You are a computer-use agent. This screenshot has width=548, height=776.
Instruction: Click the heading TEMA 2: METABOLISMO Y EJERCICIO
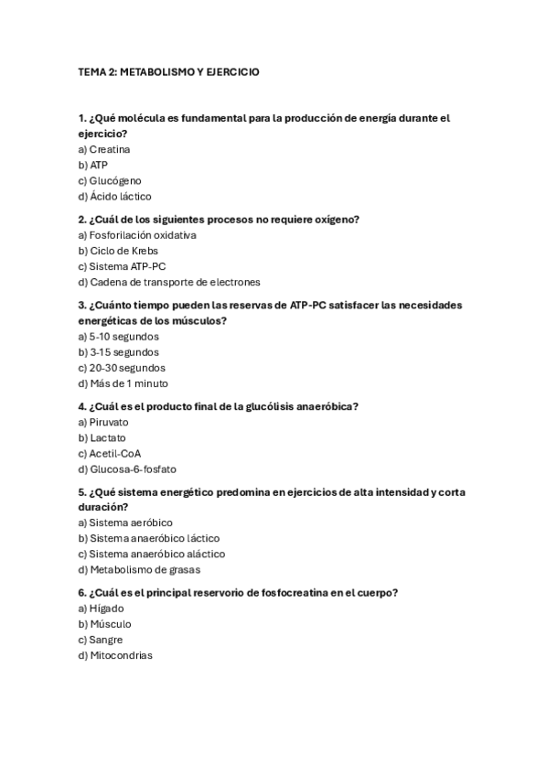(x=168, y=71)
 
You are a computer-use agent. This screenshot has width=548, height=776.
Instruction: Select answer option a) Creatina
(x=104, y=149)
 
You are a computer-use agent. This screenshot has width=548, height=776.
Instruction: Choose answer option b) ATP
(x=93, y=165)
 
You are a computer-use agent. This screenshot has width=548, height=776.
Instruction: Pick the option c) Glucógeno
(x=110, y=180)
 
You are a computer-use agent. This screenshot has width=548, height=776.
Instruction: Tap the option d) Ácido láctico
(x=115, y=196)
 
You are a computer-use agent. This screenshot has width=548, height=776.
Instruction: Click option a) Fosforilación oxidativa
(x=137, y=235)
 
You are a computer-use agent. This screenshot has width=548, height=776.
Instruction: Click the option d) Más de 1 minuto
(x=124, y=383)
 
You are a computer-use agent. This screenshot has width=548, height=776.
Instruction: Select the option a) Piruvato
(x=103, y=423)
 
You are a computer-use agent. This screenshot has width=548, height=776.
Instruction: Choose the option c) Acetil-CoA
(x=110, y=453)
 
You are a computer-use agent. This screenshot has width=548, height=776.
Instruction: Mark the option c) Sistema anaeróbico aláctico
(x=152, y=554)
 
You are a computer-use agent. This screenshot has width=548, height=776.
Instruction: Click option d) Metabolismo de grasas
(x=139, y=569)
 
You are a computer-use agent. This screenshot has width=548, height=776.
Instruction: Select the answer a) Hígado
(x=101, y=609)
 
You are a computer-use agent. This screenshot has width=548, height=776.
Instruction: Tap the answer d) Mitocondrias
(x=115, y=655)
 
